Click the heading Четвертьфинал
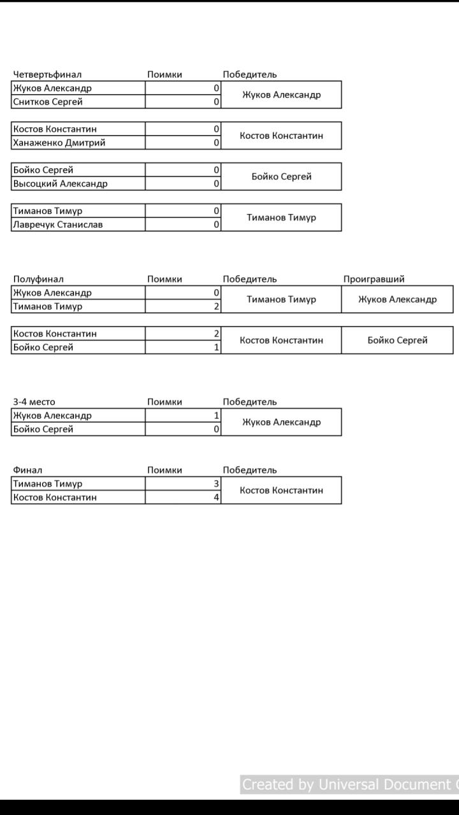[47, 74]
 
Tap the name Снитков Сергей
[48, 102]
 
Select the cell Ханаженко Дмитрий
[59, 143]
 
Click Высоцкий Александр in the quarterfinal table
[61, 183]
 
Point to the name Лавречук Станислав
[58, 224]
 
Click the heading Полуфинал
[38, 279]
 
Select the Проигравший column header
[374, 279]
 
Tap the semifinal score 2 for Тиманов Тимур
[217, 306]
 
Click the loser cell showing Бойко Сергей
[397, 340]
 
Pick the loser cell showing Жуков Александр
[397, 299]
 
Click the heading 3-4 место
[34, 402]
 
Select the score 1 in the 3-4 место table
[217, 415]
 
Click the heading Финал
[27, 470]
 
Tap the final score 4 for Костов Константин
[217, 497]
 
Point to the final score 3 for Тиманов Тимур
[217, 483]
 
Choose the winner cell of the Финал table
[281, 490]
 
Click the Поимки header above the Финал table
[164, 470]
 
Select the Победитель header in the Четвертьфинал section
[250, 74]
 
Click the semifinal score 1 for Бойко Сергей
[217, 347]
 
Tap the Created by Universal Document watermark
[349, 784]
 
